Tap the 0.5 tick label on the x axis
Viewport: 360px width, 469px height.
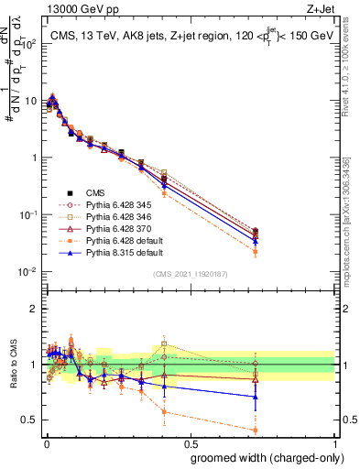pyautogui.click(x=190, y=443)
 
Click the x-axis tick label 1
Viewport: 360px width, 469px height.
pyautogui.click(x=334, y=443)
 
